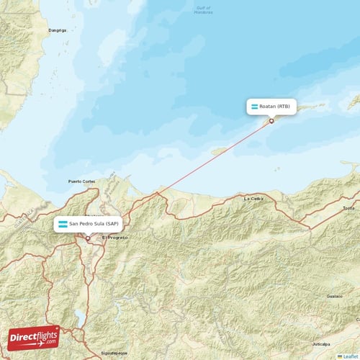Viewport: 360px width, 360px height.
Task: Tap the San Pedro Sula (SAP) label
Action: point(94,224)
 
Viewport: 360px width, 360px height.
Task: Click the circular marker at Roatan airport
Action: point(271,120)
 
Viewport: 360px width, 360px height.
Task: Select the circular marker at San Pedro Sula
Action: point(88,238)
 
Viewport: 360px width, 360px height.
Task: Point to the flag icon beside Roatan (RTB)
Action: point(254,107)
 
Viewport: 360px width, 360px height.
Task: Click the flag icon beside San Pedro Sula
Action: point(63,224)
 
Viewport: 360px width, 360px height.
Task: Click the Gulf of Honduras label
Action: point(204,10)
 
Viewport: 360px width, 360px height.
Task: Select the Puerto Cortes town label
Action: point(81,181)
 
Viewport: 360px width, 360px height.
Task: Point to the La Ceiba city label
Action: point(253,198)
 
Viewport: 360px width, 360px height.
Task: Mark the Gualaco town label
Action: point(333,296)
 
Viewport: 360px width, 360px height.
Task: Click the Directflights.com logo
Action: point(34,336)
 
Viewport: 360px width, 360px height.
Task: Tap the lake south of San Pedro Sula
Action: point(78,317)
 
